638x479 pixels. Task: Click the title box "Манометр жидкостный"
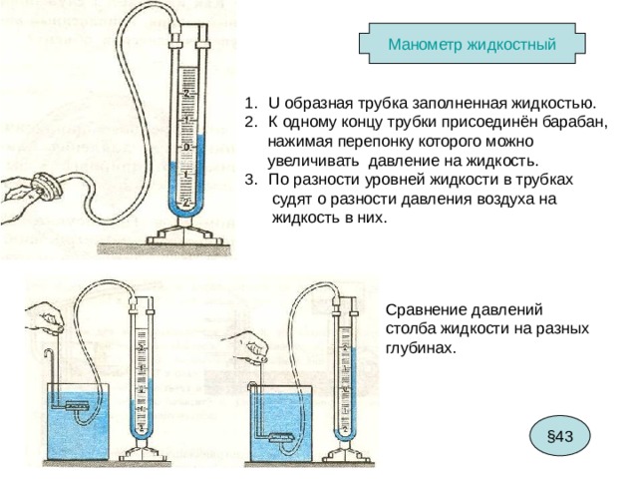pos(472,43)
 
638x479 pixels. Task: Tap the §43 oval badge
pos(560,437)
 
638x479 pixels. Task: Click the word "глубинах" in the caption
pos(419,348)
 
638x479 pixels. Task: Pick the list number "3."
pos(251,180)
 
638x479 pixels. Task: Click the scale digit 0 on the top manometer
pos(187,147)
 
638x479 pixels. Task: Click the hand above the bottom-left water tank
pos(44,319)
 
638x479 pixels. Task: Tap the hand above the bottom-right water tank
pos(248,346)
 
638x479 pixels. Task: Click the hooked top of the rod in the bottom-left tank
pos(49,351)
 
